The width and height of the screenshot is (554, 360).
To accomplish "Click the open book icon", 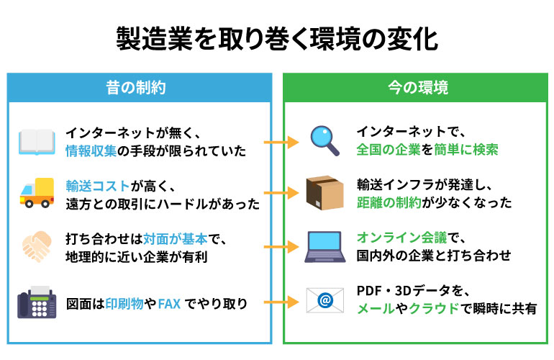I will click(37, 142).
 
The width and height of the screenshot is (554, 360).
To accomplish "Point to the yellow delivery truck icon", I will click(37, 193).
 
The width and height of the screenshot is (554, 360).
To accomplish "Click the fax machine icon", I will click(37, 302).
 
